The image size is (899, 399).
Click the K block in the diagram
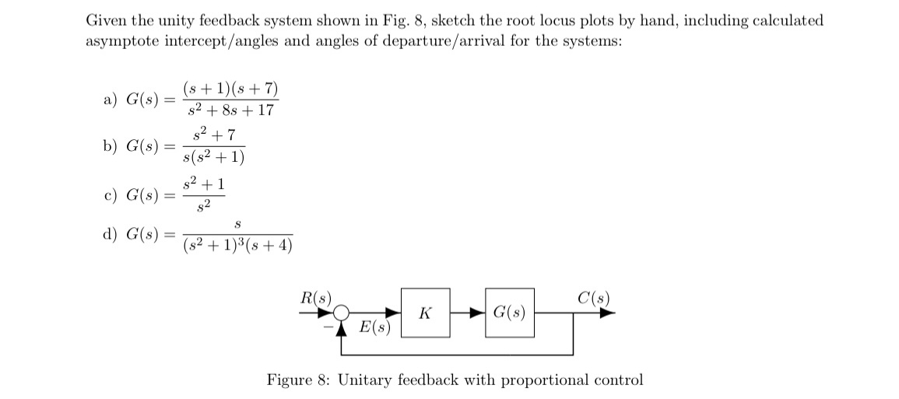(425, 313)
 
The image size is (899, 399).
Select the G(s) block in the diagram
(510, 313)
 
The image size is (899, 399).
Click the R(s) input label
(316, 297)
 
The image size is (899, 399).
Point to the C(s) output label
(594, 297)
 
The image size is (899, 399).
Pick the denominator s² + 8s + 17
(230, 110)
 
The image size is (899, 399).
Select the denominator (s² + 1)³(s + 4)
(237, 246)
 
